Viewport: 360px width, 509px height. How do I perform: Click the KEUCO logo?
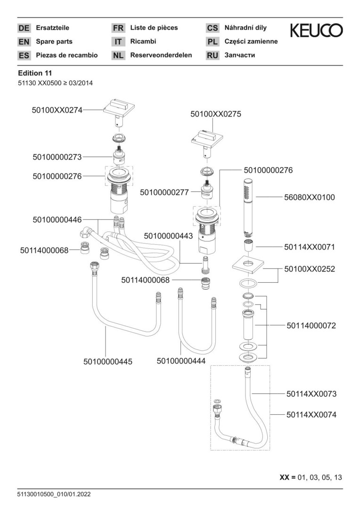[316, 31]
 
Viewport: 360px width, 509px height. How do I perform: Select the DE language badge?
[24, 28]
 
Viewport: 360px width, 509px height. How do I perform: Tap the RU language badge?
[213, 55]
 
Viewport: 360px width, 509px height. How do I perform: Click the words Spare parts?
[54, 41]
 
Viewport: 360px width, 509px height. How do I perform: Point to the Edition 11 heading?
[35, 73]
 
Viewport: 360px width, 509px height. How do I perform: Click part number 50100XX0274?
[57, 110]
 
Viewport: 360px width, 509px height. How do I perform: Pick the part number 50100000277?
[164, 192]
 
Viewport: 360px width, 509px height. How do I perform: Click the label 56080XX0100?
[310, 197]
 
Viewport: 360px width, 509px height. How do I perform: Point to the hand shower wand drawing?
[247, 207]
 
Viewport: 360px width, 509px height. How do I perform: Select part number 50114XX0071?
[310, 246]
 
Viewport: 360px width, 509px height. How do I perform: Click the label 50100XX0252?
[310, 269]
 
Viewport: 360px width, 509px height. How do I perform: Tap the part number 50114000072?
[311, 326]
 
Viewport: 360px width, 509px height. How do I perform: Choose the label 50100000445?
[108, 361]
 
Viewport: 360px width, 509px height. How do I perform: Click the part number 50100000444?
[181, 361]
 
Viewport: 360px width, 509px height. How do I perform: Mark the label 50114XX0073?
[311, 393]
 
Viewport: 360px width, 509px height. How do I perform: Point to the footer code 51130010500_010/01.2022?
[54, 494]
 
